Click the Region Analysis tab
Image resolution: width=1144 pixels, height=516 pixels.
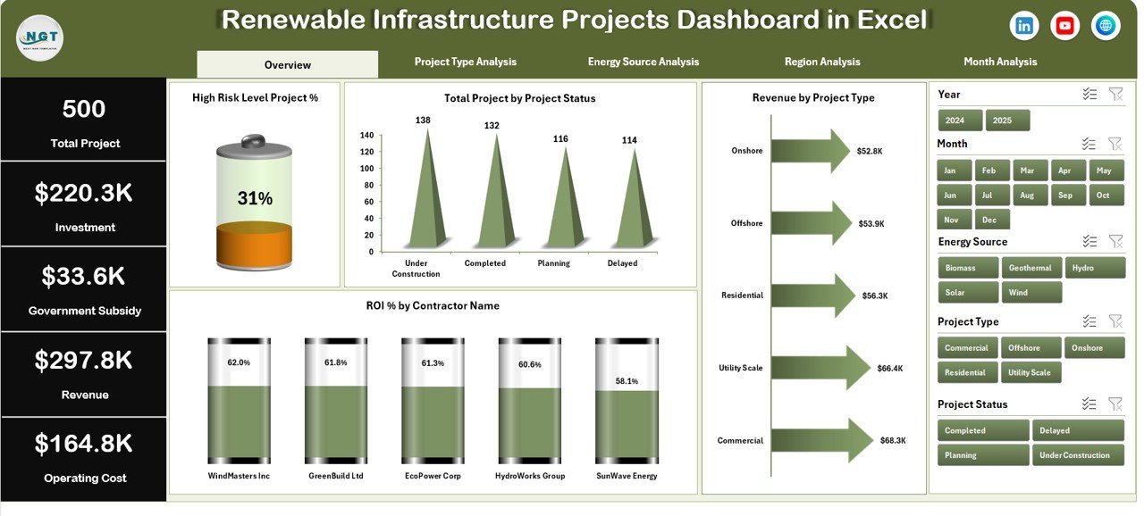click(x=821, y=62)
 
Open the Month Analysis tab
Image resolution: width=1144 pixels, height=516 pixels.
click(x=999, y=62)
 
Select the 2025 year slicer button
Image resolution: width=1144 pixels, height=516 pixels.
click(x=1007, y=121)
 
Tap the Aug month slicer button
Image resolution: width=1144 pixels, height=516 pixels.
click(x=1026, y=195)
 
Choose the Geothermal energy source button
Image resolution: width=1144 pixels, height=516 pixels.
click(x=1031, y=268)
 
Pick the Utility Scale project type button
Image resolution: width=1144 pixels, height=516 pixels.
click(x=1030, y=372)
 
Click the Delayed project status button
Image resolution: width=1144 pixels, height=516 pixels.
click(x=1077, y=430)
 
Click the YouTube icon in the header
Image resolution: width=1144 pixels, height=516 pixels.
click(x=1064, y=26)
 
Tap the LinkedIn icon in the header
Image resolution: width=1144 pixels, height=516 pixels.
click(x=1024, y=26)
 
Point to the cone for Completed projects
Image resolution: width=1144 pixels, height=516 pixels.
click(x=492, y=196)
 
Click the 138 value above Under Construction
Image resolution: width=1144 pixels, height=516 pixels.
click(x=424, y=120)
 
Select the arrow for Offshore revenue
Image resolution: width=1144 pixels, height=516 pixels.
click(x=810, y=223)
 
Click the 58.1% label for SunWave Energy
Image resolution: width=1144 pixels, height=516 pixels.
click(x=627, y=381)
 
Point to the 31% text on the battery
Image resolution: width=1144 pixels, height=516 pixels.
click(x=254, y=198)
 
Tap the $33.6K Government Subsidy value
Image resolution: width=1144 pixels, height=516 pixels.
click(x=82, y=277)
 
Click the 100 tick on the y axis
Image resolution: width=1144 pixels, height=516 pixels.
click(x=367, y=169)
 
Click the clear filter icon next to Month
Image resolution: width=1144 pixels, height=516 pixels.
click(x=1115, y=144)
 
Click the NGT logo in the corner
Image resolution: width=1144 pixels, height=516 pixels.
click(x=39, y=37)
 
